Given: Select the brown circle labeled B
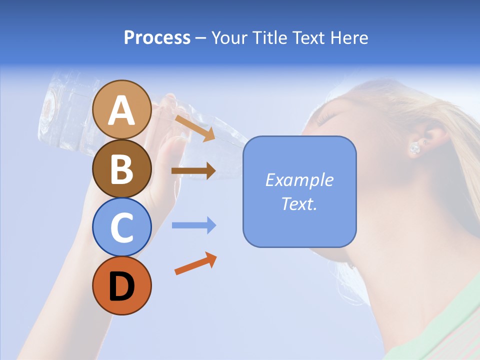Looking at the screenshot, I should tap(121, 168).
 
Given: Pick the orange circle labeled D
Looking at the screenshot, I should tap(121, 285).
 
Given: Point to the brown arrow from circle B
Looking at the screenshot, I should tap(193, 171).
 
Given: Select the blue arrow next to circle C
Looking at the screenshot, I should tap(194, 225).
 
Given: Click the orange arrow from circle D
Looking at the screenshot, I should tap(196, 263).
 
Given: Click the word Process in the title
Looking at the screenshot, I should tap(157, 37).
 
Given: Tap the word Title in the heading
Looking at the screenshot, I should tap(270, 37).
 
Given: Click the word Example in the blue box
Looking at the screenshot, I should tap(299, 180).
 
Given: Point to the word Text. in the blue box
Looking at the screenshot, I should tap(299, 204).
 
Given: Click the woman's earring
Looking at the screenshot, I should tap(415, 148).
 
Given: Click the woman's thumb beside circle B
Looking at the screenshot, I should tap(172, 150).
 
